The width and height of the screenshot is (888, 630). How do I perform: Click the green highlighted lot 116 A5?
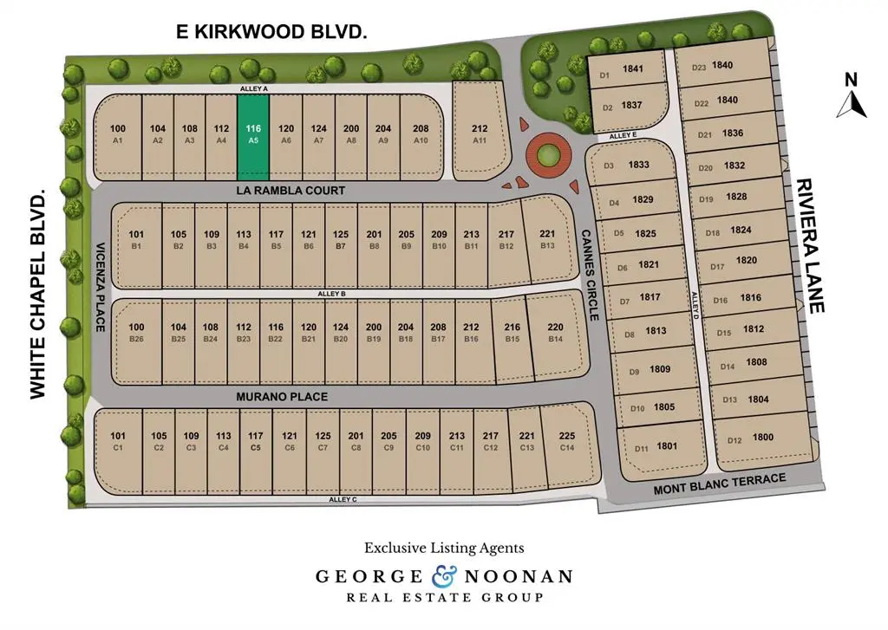[x=253, y=133]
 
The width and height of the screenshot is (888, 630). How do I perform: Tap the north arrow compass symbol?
[x=852, y=98]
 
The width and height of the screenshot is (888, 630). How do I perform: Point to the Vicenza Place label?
[x=101, y=286]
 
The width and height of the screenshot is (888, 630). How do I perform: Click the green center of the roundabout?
[x=547, y=157]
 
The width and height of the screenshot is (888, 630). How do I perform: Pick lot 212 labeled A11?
[x=480, y=133]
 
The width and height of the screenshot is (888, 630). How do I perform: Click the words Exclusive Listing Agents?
[x=443, y=548]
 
